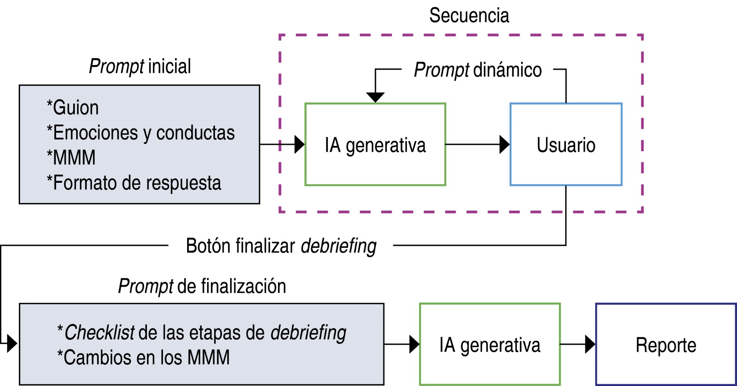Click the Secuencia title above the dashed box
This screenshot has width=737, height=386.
click(x=469, y=16)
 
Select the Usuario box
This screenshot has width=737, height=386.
click(x=566, y=145)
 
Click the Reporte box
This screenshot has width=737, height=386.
click(x=666, y=345)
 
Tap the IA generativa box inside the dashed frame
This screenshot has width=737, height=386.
click(x=375, y=145)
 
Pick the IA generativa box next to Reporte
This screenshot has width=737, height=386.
click(x=490, y=345)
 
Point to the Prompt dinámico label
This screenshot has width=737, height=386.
click(x=477, y=70)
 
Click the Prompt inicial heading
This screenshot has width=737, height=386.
click(x=140, y=66)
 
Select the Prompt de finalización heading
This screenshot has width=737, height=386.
click(x=202, y=286)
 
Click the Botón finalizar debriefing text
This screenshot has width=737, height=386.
click(x=281, y=246)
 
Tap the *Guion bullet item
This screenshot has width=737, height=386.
click(x=73, y=108)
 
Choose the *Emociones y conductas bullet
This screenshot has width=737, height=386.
click(x=141, y=132)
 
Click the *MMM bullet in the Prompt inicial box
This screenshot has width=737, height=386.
click(x=71, y=157)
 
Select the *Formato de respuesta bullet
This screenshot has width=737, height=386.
click(x=134, y=182)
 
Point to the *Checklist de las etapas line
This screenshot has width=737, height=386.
click(x=202, y=332)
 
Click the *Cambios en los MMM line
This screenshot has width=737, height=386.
click(x=143, y=357)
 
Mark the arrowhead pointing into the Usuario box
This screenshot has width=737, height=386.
click(x=504, y=144)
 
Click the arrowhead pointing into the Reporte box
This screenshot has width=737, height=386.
click(x=590, y=344)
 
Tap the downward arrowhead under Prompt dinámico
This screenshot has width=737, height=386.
click(x=375, y=97)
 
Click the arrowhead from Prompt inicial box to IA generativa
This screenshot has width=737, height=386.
click(x=299, y=144)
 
